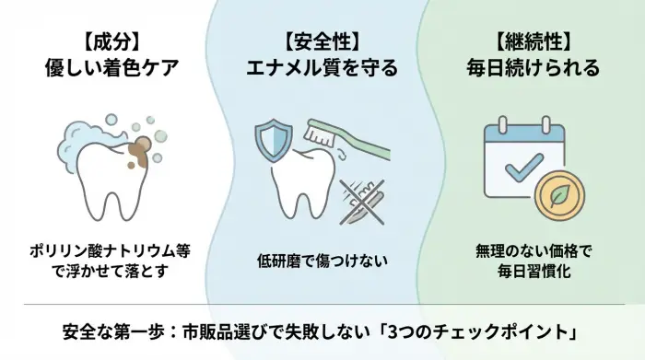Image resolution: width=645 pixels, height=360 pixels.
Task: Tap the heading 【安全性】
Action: pos(322,42)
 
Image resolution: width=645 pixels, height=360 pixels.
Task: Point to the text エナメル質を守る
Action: pos(322,69)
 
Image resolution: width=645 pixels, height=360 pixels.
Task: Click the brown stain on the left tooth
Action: pos(140,148)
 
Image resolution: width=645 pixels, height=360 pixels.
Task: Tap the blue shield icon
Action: pos(272,140)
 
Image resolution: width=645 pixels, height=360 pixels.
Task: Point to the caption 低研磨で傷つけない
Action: pos(322,261)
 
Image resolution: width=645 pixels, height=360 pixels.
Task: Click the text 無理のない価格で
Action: pos(534,251)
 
